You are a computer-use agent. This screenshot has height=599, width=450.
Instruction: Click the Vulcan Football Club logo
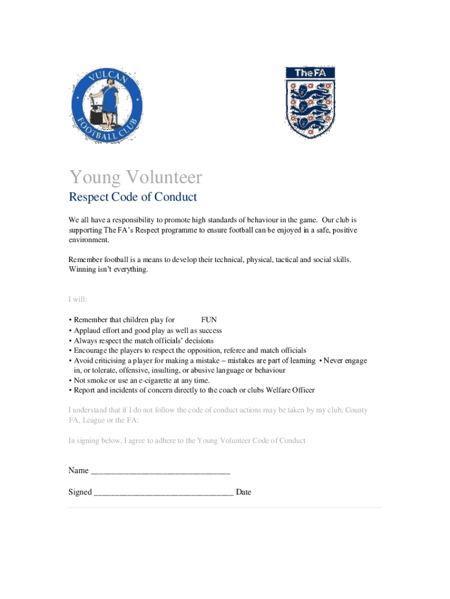click(x=106, y=106)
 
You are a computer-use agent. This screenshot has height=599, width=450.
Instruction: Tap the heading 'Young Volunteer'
click(x=136, y=177)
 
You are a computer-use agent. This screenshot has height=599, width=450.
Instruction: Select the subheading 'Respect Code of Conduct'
click(x=133, y=197)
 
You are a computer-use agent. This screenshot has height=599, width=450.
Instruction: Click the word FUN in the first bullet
click(x=209, y=320)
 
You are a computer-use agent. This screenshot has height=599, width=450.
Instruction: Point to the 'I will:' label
click(x=78, y=299)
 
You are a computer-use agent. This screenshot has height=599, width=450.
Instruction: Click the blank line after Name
click(x=161, y=471)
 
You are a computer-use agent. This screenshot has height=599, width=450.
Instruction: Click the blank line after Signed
click(x=164, y=493)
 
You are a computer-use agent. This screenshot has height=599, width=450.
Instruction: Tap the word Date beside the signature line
click(x=244, y=493)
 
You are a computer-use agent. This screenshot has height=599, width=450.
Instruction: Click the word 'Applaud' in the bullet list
click(x=87, y=331)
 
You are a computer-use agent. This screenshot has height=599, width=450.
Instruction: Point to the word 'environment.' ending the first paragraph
click(x=89, y=240)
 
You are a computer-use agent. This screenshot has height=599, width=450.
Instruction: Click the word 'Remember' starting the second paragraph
click(x=86, y=259)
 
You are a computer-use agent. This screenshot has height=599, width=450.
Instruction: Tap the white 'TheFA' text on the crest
click(x=310, y=73)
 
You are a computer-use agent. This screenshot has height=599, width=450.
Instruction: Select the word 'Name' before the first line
click(x=78, y=471)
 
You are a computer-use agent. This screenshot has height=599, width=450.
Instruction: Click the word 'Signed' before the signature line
click(x=80, y=493)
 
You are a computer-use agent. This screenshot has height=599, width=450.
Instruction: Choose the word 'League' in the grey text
click(x=95, y=420)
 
